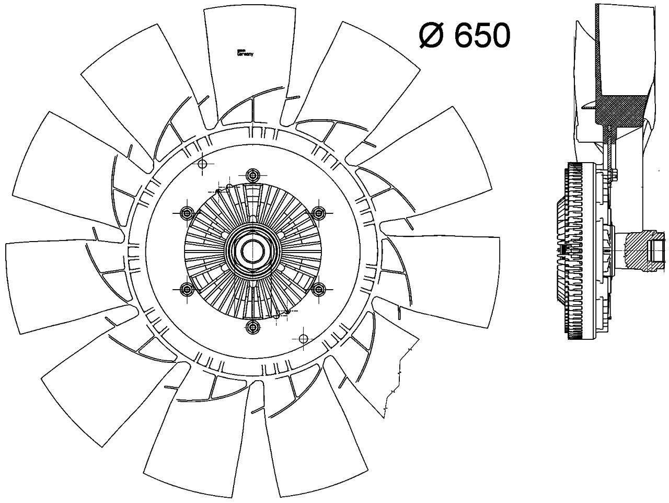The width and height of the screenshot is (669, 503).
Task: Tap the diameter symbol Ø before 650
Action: click(x=432, y=36)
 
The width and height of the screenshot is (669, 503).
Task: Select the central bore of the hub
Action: click(x=252, y=250)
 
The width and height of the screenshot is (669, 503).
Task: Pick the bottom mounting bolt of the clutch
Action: click(x=253, y=327)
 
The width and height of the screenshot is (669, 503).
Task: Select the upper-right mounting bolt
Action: click(x=319, y=212)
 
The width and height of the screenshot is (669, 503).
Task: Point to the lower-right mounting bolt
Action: click(x=319, y=288)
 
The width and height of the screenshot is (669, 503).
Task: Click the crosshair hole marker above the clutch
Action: click(x=203, y=164)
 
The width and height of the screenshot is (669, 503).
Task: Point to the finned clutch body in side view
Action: click(x=575, y=251)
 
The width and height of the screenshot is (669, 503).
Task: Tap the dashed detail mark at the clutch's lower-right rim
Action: click(x=282, y=313)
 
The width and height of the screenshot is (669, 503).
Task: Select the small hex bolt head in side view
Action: click(x=614, y=175)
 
